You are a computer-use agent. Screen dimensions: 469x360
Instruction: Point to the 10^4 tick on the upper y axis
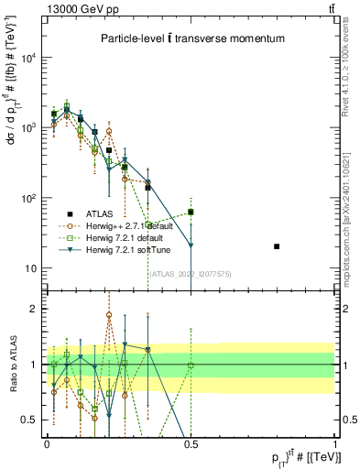coord(29,58)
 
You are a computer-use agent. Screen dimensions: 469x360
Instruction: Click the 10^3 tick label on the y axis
coord(29,128)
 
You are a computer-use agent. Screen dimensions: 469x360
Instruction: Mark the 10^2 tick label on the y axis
coord(29,198)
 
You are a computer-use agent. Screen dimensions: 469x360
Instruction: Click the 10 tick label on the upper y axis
coord(31,268)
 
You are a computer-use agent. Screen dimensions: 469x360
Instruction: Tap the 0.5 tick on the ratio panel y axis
coord(30,420)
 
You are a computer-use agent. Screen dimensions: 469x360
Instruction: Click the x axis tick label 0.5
coord(191,442)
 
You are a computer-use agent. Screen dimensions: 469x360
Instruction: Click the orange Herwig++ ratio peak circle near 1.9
coord(109,315)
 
